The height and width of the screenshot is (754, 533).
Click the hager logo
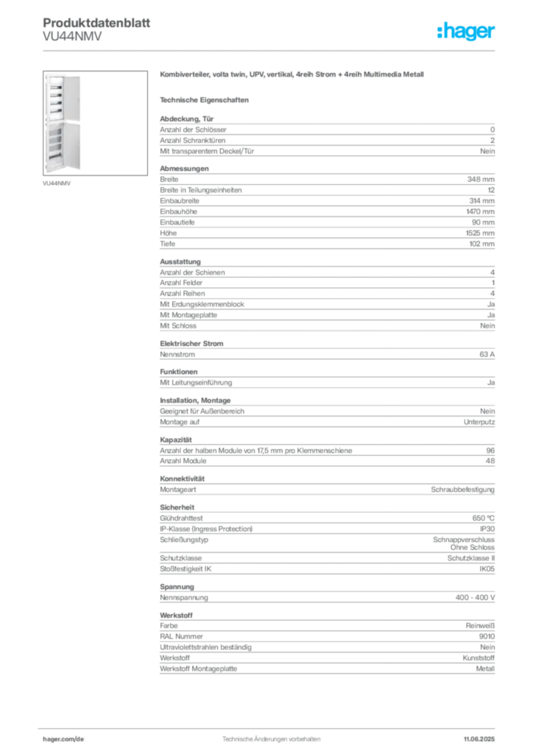click(465, 31)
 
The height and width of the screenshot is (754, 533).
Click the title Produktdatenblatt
click(96, 23)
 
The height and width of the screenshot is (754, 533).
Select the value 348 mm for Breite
click(481, 180)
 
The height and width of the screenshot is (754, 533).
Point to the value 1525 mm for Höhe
click(480, 233)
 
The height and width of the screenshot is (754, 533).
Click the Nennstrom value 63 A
click(487, 354)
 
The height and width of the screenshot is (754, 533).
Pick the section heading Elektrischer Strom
click(191, 343)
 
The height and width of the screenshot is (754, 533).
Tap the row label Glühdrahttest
click(181, 518)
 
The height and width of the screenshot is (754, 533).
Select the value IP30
click(487, 529)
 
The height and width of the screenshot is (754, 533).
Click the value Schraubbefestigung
click(462, 490)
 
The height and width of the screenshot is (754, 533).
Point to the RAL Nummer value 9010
click(487, 636)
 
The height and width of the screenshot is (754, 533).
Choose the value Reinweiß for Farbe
click(480, 626)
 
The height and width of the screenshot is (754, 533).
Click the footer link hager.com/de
click(63, 739)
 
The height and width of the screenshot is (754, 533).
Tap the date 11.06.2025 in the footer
click(479, 739)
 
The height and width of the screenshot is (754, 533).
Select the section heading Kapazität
click(175, 440)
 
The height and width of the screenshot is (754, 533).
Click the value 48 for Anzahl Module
click(490, 461)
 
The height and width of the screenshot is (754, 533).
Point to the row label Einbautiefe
click(177, 222)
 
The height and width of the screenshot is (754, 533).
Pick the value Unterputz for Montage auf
click(479, 422)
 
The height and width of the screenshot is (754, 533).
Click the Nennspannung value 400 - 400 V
click(475, 597)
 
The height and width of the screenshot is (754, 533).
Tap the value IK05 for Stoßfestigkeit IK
click(487, 569)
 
